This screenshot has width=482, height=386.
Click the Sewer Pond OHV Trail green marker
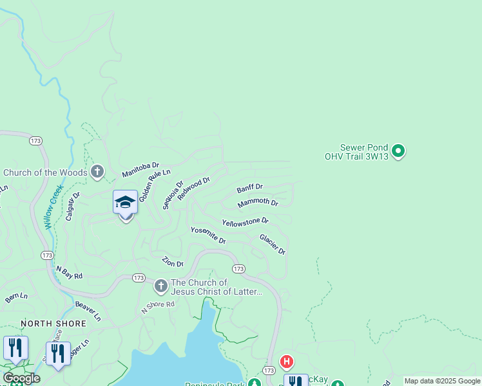[x=398, y=151]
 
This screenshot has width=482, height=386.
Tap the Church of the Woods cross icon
[x=97, y=172]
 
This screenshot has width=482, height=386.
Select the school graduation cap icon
[x=125, y=203]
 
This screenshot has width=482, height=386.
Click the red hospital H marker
[x=287, y=363]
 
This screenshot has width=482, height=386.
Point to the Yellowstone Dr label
[x=245, y=221]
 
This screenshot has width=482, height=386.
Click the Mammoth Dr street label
[x=257, y=203]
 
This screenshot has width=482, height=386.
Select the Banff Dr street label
[x=249, y=188]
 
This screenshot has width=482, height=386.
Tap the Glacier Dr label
[x=272, y=244]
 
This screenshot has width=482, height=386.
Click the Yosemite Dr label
[x=207, y=235]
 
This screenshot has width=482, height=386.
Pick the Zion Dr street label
[x=173, y=262]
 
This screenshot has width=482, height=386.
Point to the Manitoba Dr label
[x=140, y=170]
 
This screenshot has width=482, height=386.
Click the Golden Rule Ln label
[x=154, y=186]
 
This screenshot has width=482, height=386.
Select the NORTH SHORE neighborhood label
[x=44, y=323]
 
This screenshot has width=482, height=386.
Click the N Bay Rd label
[x=70, y=272]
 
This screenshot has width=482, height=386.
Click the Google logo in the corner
[x=21, y=378]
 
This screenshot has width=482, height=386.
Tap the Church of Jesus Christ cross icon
[x=160, y=285]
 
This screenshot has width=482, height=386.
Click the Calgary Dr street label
[x=72, y=205]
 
